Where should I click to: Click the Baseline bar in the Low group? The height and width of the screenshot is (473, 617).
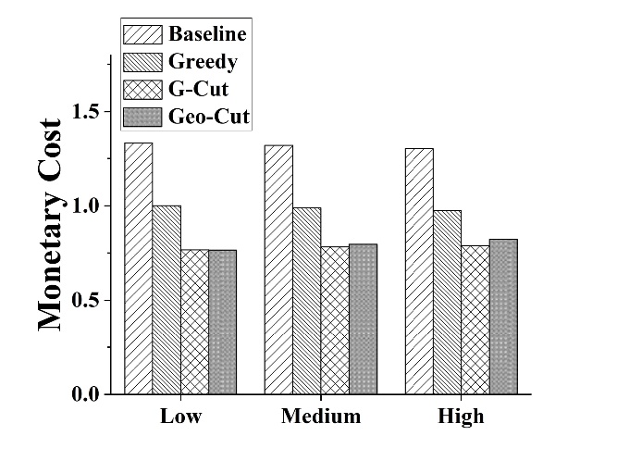tap(139, 268)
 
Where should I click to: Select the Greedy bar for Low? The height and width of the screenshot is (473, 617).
tap(167, 300)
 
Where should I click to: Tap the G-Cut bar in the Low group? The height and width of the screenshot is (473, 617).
tap(194, 322)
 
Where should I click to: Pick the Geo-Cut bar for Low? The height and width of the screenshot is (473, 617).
tap(222, 322)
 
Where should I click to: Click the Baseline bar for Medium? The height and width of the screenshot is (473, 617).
tap(278, 269)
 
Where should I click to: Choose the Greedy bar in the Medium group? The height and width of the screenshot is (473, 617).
tap(307, 301)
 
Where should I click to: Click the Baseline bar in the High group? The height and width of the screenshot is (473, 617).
tap(419, 271)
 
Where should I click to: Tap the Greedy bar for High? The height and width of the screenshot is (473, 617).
tap(447, 303)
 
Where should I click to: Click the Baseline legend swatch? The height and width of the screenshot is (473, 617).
tap(143, 35)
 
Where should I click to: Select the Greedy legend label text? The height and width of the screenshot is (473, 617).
tap(203, 62)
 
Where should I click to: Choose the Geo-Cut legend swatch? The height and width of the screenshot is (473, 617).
tap(143, 116)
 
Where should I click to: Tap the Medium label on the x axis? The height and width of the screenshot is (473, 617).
tap(321, 417)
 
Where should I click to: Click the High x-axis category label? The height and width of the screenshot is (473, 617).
tap(461, 417)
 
